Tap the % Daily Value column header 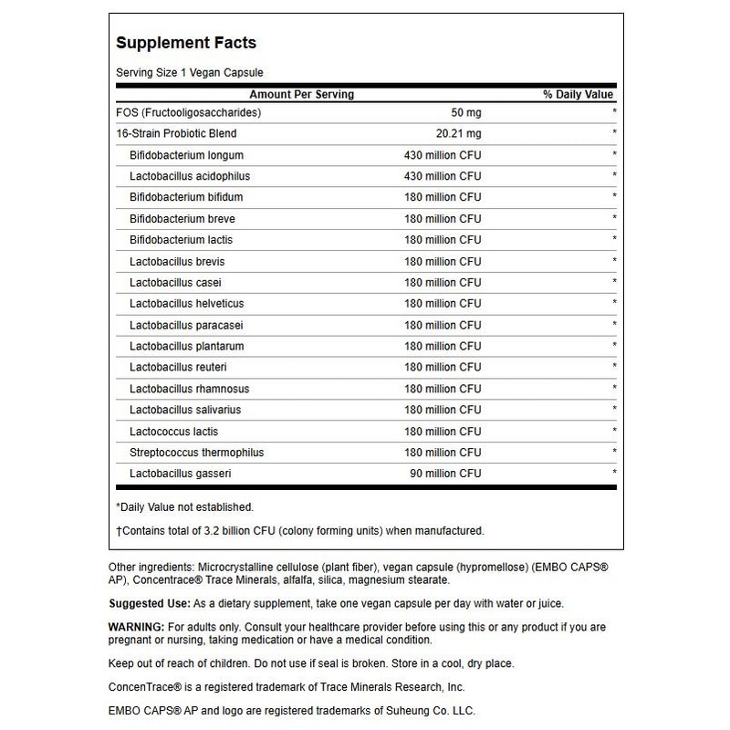point(579,94)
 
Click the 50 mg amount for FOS point(464,112)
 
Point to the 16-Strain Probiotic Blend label point(171,133)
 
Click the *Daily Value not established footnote point(184,506)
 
